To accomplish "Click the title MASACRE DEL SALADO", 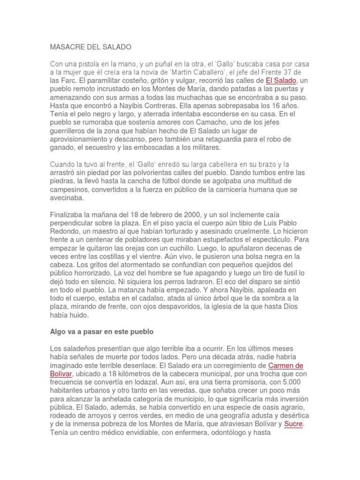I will click(x=91, y=47).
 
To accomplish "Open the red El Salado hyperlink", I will click(x=281, y=80).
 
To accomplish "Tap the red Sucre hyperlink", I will click(x=294, y=424).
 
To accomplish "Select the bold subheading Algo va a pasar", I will click(x=102, y=331).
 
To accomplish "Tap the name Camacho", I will click(x=183, y=122).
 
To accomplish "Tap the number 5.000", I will click(x=291, y=382).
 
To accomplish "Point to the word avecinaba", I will click(x=67, y=197).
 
